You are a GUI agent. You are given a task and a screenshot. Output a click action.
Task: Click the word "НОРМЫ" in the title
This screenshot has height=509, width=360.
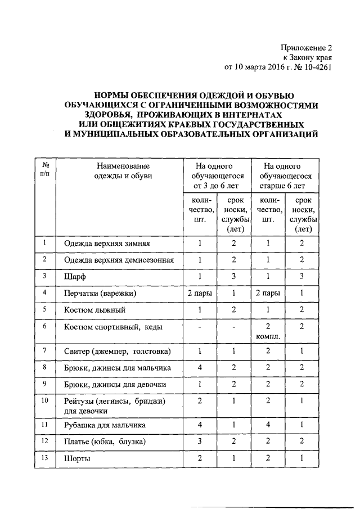click(111, 96)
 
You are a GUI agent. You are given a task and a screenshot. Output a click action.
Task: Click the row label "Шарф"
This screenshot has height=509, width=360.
click(74, 277)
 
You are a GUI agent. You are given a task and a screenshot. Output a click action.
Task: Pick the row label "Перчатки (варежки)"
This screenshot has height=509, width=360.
click(100, 293)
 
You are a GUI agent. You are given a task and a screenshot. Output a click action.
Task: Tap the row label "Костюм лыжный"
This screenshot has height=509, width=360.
click(94, 310)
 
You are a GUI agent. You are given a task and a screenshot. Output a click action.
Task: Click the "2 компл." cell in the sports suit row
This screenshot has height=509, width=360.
click(268, 331)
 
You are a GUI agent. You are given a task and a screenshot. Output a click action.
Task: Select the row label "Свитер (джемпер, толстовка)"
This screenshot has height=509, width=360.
click(116, 352)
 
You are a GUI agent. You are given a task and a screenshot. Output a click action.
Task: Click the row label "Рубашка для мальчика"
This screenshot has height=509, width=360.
click(105, 425)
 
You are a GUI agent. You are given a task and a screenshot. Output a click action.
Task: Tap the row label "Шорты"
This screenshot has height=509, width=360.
click(78, 459)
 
